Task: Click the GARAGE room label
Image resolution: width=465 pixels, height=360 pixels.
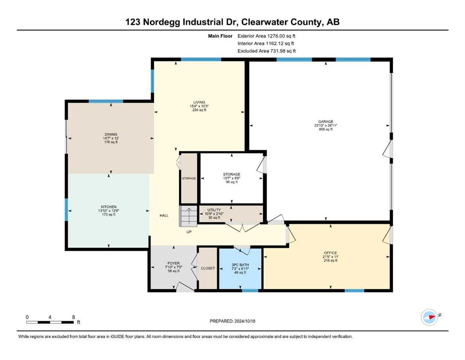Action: (x=325, y=121)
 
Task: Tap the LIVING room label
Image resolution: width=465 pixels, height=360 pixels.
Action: (x=199, y=102)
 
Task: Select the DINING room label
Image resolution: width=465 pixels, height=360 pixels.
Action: (x=111, y=135)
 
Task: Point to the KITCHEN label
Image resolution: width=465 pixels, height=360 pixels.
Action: (x=109, y=207)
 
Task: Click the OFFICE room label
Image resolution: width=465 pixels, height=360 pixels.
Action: (x=330, y=253)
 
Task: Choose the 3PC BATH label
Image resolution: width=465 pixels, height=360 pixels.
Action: (x=240, y=265)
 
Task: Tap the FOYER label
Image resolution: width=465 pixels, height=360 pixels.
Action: (x=173, y=263)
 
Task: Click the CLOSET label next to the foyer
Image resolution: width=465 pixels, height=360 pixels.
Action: (x=208, y=268)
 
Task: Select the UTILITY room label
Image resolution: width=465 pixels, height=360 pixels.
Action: (x=214, y=210)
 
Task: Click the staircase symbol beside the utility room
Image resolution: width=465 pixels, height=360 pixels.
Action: (x=188, y=216)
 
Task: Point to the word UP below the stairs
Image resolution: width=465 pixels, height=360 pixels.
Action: (x=189, y=232)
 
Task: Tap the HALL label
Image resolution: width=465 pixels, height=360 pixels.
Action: (x=164, y=216)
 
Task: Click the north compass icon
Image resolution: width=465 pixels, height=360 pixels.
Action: (x=429, y=317)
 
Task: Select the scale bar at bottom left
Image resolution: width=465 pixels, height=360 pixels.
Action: (x=50, y=322)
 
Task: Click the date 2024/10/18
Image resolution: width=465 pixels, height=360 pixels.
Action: (x=245, y=321)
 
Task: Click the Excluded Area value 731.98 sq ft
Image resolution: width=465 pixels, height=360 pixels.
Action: (x=283, y=51)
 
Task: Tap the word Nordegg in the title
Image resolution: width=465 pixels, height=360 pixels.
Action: (x=162, y=22)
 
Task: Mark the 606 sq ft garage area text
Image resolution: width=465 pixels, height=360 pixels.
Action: (x=325, y=129)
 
